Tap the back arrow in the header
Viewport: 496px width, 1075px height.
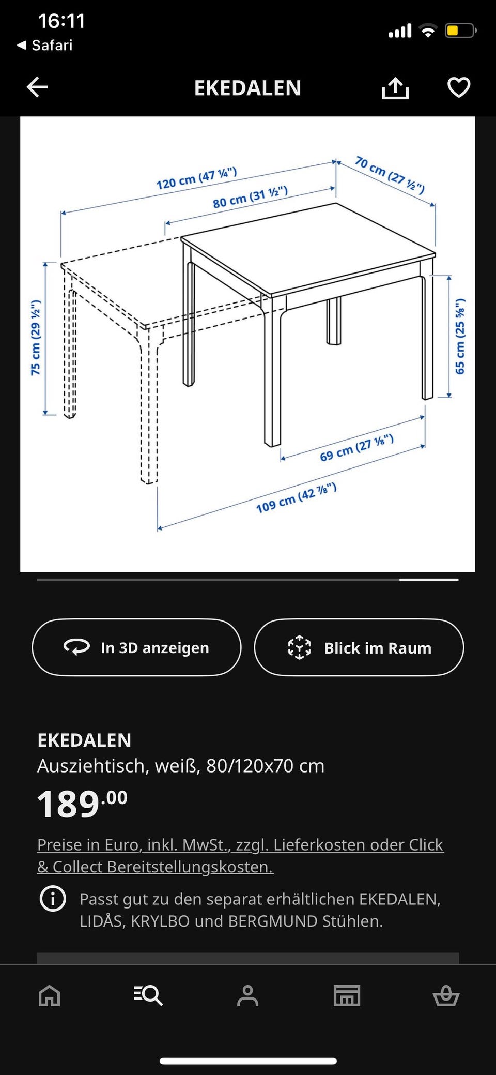coord(37,87)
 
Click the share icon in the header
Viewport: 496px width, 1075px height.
coord(395,88)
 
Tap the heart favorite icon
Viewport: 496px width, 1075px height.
coord(459,87)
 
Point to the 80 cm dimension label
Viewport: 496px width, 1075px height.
coord(250,197)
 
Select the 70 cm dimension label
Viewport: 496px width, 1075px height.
coord(390,174)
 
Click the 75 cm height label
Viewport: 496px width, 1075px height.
coord(36,337)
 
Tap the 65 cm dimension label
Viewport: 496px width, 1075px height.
coord(460,336)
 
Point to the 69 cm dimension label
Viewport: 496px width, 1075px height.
coord(357,448)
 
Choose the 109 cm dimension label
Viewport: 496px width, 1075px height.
coord(296,497)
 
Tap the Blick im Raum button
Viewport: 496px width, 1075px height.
coord(359,647)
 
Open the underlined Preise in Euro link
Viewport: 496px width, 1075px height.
coord(240,855)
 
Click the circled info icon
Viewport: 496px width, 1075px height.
coord(53,899)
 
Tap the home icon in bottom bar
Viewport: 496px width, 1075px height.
coord(50,995)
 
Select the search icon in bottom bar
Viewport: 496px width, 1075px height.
coord(148,995)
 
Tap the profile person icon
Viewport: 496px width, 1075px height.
coord(247,995)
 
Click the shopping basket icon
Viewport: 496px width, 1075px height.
coord(446,995)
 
